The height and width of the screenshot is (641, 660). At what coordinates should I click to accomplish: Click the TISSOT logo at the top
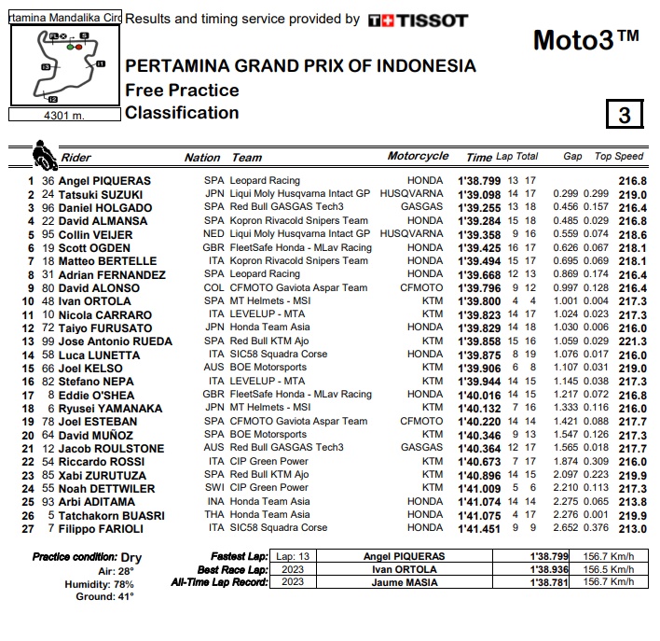point(419,20)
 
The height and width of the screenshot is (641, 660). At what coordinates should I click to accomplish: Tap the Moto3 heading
point(585,40)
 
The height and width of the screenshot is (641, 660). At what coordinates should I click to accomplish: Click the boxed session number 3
point(625,114)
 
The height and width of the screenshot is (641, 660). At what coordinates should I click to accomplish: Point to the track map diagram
point(64,64)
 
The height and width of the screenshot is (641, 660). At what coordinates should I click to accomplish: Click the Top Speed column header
point(619,157)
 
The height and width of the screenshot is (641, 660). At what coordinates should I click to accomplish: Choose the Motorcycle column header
point(418,157)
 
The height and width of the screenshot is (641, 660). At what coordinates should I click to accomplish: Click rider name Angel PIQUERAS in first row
point(104,181)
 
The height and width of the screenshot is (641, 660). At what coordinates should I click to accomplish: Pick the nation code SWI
point(214,488)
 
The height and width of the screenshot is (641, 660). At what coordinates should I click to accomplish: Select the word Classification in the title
point(182,113)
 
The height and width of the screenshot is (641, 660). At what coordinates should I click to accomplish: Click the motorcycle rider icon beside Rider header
point(44,154)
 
